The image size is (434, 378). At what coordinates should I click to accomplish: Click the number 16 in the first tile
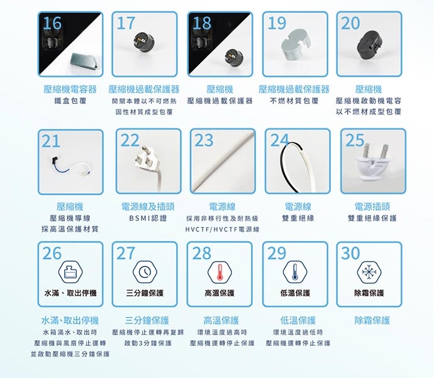click(x=52, y=23)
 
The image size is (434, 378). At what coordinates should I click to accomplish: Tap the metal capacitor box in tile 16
click(x=84, y=61)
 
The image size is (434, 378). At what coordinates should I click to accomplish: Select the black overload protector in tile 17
click(x=143, y=42)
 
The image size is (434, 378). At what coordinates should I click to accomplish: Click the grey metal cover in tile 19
click(x=296, y=44)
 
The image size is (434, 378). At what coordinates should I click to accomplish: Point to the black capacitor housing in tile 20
click(x=369, y=45)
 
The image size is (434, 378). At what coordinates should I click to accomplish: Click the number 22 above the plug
click(x=130, y=140)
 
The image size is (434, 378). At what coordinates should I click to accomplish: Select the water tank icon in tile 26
click(x=70, y=272)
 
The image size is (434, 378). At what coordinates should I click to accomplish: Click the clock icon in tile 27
click(x=145, y=272)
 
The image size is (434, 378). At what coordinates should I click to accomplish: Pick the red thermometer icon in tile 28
click(x=220, y=272)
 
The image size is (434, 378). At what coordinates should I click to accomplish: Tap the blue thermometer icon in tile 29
click(x=295, y=272)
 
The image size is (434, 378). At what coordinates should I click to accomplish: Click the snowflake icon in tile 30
click(x=369, y=272)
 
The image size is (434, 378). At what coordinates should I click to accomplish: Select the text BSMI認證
click(x=148, y=218)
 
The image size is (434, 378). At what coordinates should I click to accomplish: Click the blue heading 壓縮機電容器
click(x=70, y=89)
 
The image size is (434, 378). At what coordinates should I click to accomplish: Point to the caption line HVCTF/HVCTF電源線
click(x=222, y=230)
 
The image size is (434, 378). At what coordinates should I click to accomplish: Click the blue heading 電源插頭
click(x=372, y=207)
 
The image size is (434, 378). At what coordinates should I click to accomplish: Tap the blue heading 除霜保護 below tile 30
click(x=372, y=320)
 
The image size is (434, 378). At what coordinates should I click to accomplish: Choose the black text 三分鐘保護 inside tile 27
click(x=145, y=293)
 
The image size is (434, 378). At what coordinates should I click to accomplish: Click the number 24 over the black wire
click(x=279, y=140)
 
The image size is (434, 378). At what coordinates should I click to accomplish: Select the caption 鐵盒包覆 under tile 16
click(x=70, y=101)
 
